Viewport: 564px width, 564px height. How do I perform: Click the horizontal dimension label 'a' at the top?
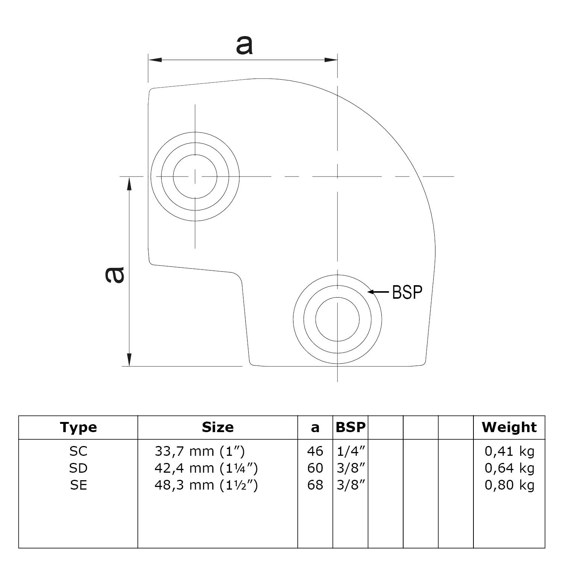click(x=244, y=45)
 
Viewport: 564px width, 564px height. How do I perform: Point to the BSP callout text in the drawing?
click(x=407, y=292)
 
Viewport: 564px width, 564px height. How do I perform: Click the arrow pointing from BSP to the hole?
click(x=378, y=292)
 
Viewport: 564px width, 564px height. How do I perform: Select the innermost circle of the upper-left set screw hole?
click(x=195, y=176)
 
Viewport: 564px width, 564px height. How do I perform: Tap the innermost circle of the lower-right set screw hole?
click(x=337, y=319)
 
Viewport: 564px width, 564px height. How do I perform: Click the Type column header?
click(x=78, y=427)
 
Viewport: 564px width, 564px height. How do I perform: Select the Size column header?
click(x=218, y=427)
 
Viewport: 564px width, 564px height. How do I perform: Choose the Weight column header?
click(x=509, y=427)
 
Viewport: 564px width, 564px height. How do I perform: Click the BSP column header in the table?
click(x=350, y=427)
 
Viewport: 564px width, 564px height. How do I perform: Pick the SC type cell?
click(x=78, y=451)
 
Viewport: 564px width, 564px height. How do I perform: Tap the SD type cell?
click(x=78, y=468)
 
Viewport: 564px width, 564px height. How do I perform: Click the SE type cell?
click(x=78, y=485)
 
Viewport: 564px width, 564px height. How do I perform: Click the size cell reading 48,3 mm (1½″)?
click(x=206, y=485)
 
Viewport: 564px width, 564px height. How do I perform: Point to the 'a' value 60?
click(x=315, y=468)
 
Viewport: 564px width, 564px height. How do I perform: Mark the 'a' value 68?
click(x=315, y=485)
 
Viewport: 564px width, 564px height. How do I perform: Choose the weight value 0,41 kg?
click(x=509, y=451)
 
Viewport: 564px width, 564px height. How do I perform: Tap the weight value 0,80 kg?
click(x=509, y=485)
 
